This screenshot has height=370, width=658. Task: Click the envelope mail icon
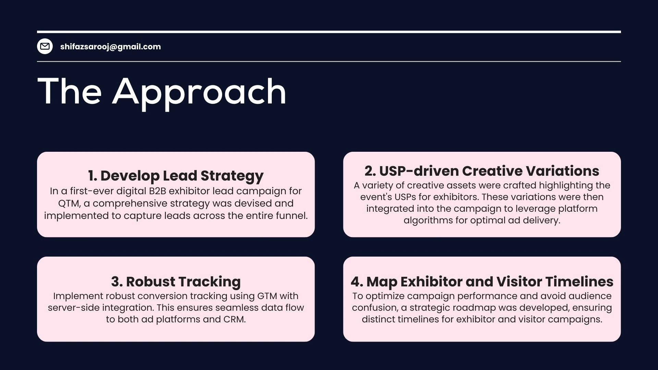(45, 46)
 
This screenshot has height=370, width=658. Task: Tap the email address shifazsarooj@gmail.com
(110, 47)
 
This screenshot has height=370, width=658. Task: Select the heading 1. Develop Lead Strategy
(176, 176)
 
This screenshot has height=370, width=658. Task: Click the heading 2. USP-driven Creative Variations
(482, 171)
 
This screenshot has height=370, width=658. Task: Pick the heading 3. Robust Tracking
(176, 282)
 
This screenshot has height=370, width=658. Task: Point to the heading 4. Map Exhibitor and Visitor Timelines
(482, 282)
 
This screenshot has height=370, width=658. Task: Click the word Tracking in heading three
(212, 282)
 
